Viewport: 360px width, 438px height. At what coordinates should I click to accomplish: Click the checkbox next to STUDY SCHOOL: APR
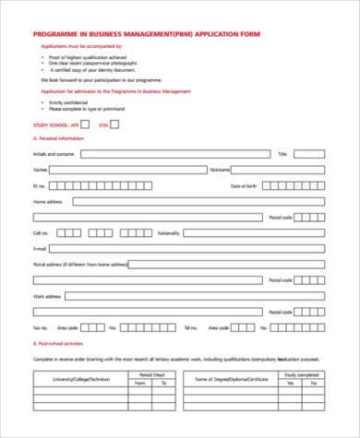[x=85, y=124]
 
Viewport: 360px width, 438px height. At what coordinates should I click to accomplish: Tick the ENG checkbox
[x=115, y=124]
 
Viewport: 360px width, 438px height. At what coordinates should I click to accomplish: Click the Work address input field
[x=193, y=296]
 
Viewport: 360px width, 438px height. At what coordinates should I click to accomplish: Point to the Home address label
[x=47, y=201]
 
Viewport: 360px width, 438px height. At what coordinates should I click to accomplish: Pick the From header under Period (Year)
[x=139, y=383]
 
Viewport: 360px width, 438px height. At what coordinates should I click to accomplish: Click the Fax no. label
[x=40, y=327]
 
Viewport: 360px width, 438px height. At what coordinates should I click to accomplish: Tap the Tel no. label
[x=191, y=327]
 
